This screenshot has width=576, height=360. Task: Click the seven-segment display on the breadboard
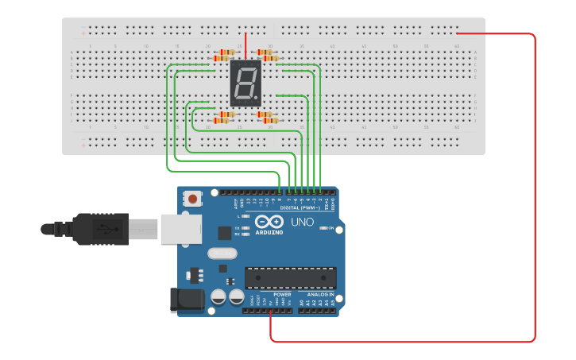pos(245,83)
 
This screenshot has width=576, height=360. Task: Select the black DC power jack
pos(185,300)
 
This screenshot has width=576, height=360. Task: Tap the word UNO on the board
pos(302,223)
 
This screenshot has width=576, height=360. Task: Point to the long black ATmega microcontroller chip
pos(290,278)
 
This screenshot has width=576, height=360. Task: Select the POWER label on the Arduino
pos(282,294)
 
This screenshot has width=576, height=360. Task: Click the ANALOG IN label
pos(321,294)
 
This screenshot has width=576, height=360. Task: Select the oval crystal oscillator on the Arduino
pos(222,254)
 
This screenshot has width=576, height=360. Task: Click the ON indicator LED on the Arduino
pos(322,228)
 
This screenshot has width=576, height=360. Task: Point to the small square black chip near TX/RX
pos(225,233)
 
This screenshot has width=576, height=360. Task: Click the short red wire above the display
pos(245,45)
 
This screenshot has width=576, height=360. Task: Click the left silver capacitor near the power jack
pos(218,297)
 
